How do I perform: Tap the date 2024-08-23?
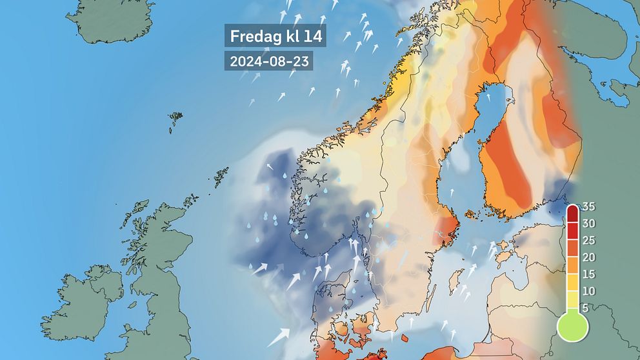click(x=268, y=61)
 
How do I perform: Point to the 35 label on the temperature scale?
click(x=588, y=207)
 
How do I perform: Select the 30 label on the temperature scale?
click(x=588, y=224)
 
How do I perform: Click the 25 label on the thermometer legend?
click(x=588, y=241)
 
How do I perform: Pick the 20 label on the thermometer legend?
click(x=588, y=257)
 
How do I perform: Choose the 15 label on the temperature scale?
click(x=588, y=274)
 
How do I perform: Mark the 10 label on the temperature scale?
click(x=588, y=291)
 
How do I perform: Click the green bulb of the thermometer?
click(x=572, y=326)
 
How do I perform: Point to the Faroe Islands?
click(x=175, y=121)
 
